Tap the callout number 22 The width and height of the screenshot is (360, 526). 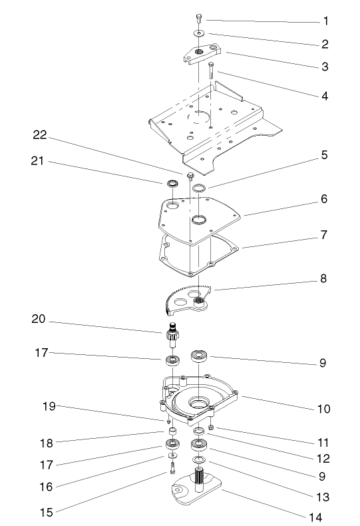point(41,135)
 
